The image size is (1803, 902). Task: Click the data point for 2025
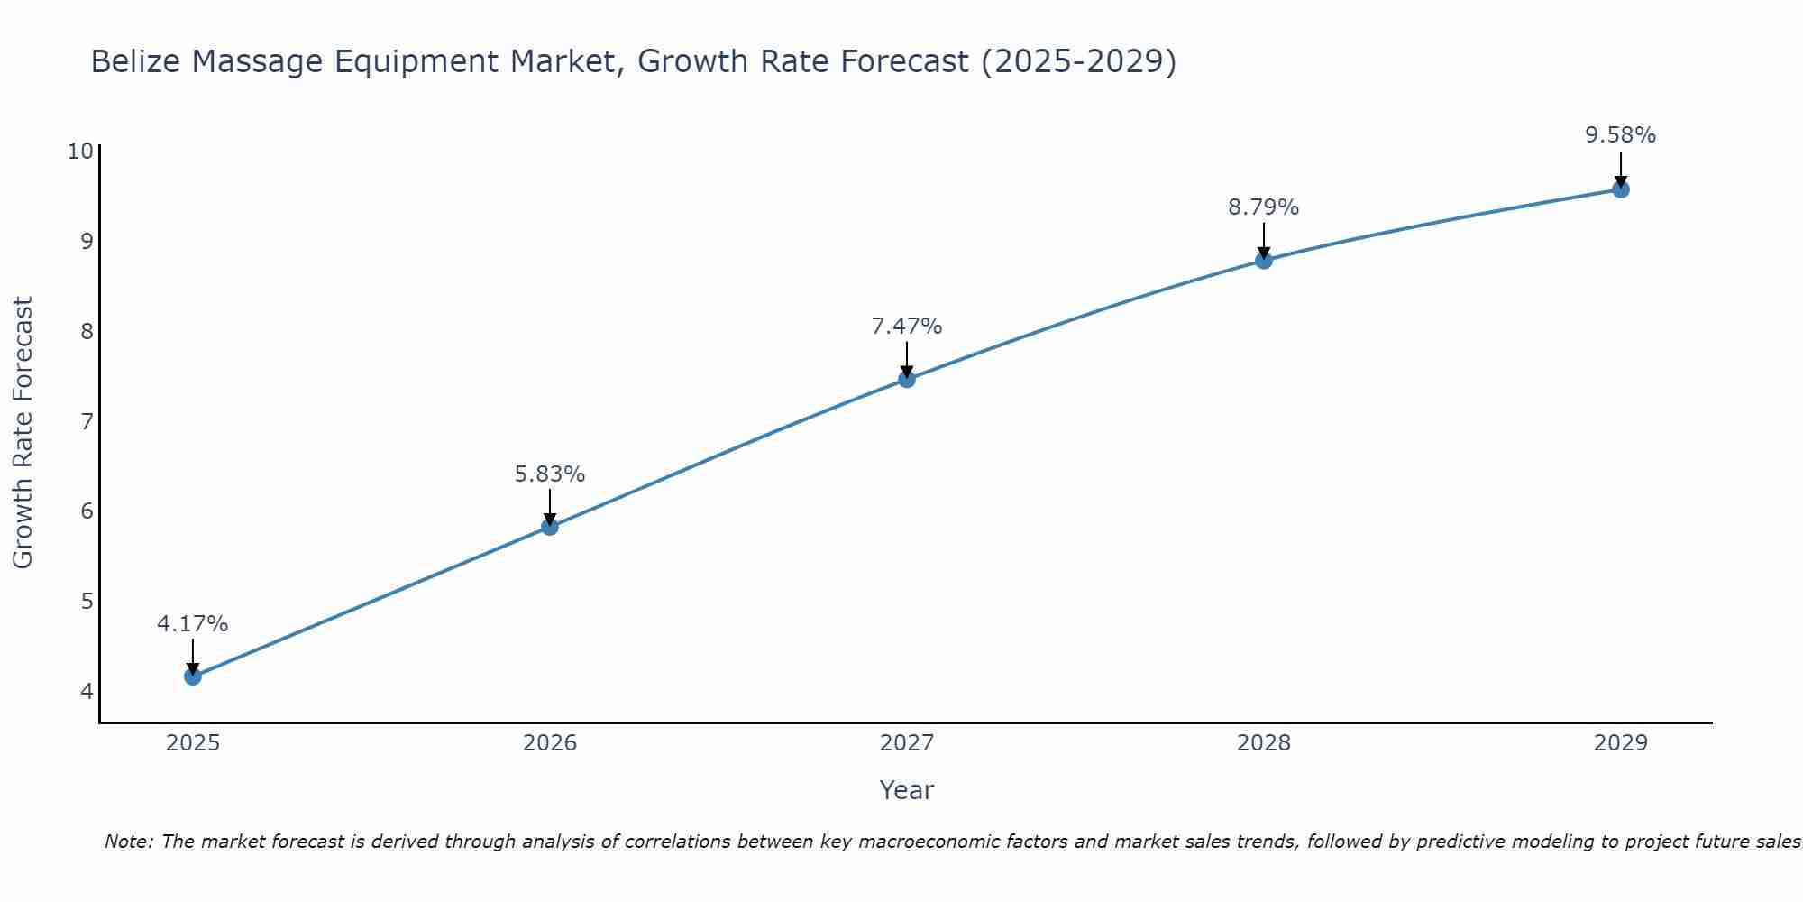coord(192,676)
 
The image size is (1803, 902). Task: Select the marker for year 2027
coord(907,379)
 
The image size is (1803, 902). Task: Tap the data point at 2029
coord(1620,189)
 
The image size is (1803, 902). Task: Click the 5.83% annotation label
coord(550,474)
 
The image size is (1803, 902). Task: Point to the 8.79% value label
coord(1263,207)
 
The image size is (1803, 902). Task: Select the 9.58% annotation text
coord(1620,135)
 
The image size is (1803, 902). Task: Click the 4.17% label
coord(192,623)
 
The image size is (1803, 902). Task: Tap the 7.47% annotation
coord(907,326)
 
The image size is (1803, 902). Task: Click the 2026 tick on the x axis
coord(550,743)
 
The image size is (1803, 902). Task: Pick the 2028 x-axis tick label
coord(1263,743)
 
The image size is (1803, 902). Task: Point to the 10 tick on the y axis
coord(80,151)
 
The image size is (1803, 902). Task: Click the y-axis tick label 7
coord(87,421)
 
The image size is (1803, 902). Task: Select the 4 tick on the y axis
coord(87,692)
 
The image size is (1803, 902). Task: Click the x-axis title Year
coord(906,790)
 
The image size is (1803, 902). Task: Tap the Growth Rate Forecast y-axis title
coord(23,432)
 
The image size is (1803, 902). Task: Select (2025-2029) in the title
coord(1078,61)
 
